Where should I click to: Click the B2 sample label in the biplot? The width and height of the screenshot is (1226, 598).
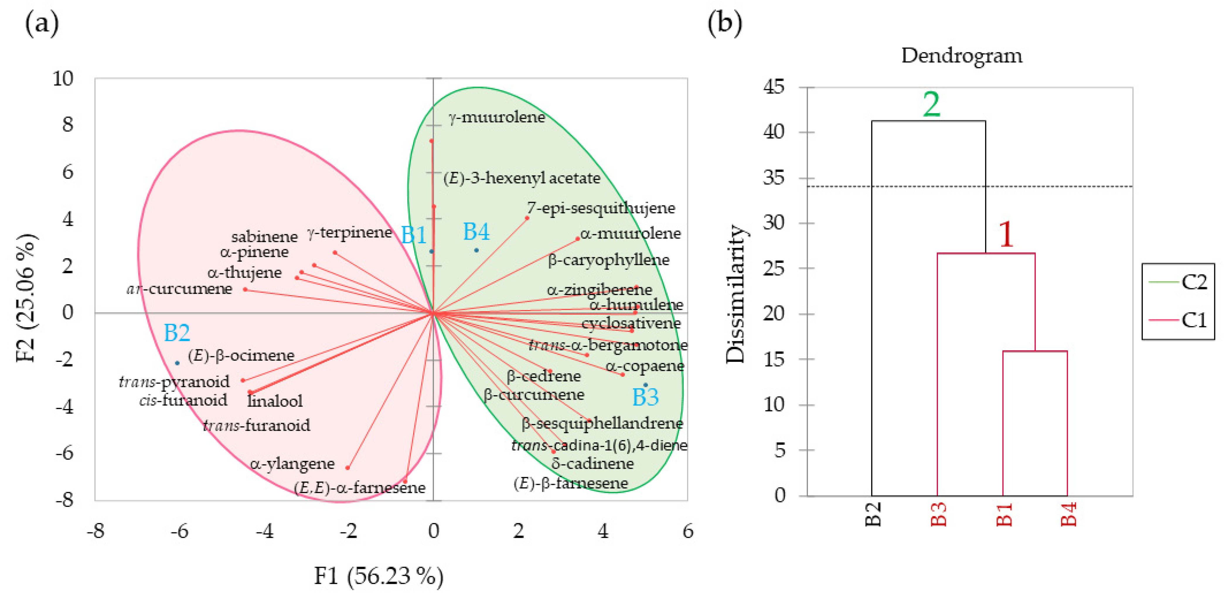pyautogui.click(x=177, y=333)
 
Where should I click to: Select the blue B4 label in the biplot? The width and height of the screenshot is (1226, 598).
pyautogui.click(x=476, y=232)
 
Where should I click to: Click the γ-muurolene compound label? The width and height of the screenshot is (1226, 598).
pyautogui.click(x=496, y=117)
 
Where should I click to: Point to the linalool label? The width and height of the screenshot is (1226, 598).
pyautogui.click(x=275, y=401)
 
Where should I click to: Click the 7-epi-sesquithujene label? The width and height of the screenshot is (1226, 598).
pyautogui.click(x=601, y=208)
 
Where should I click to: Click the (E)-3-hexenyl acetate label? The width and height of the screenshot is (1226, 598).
pyautogui.click(x=522, y=178)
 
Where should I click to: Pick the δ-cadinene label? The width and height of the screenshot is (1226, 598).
pyautogui.click(x=592, y=463)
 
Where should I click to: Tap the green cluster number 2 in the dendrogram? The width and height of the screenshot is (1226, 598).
pyautogui.click(x=932, y=105)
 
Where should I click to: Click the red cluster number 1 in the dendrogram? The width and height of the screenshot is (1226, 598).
pyautogui.click(x=1006, y=234)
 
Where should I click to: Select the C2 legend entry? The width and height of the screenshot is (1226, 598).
pyautogui.click(x=1194, y=282)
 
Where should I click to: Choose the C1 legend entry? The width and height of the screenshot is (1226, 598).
pyautogui.click(x=1194, y=320)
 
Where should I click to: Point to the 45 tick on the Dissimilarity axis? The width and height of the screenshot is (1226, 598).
pyautogui.click(x=773, y=88)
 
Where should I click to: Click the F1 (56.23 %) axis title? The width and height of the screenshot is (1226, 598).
pyautogui.click(x=378, y=576)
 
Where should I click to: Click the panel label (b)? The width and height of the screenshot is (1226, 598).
pyautogui.click(x=724, y=23)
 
